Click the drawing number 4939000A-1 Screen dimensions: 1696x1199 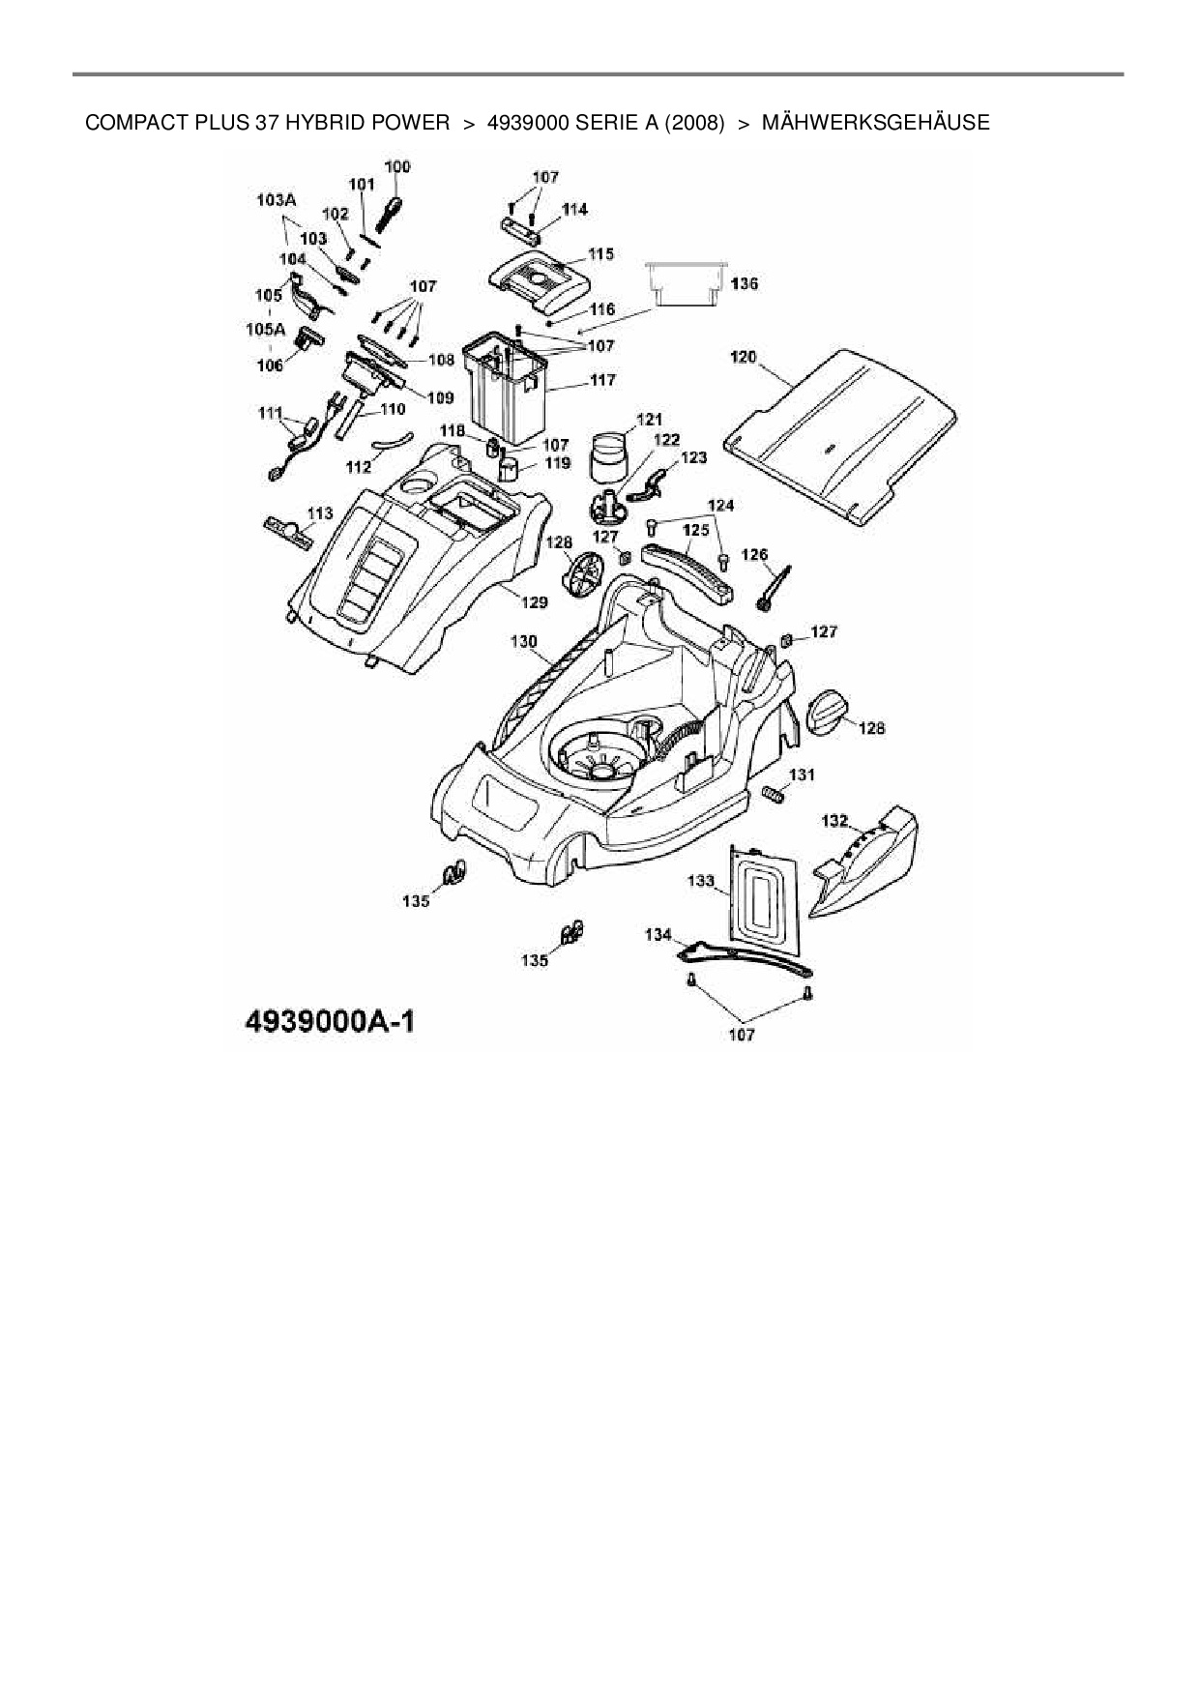[320, 1022]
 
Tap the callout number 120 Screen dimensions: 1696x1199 [743, 358]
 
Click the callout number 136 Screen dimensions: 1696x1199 [745, 284]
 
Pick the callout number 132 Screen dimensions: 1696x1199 [834, 821]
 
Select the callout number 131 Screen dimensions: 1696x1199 [802, 775]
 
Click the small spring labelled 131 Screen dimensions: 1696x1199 [774, 794]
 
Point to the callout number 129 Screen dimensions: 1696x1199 [535, 601]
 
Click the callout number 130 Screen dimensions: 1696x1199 [523, 640]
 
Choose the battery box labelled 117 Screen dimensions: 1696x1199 [506, 387]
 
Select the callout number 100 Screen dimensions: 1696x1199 [396, 166]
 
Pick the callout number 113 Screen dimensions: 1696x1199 [320, 512]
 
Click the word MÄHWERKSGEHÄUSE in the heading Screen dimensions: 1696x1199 [875, 123]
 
